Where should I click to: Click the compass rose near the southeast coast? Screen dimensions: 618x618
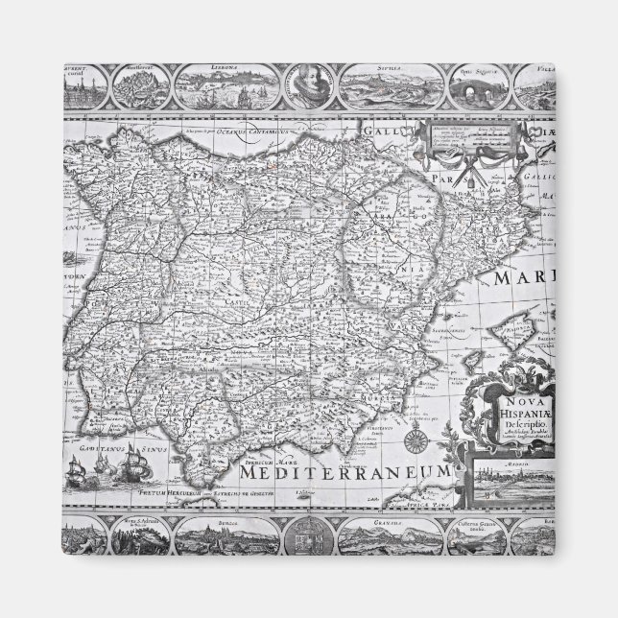(x=419, y=442)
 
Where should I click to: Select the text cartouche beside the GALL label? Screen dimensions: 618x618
(x=460, y=142)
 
